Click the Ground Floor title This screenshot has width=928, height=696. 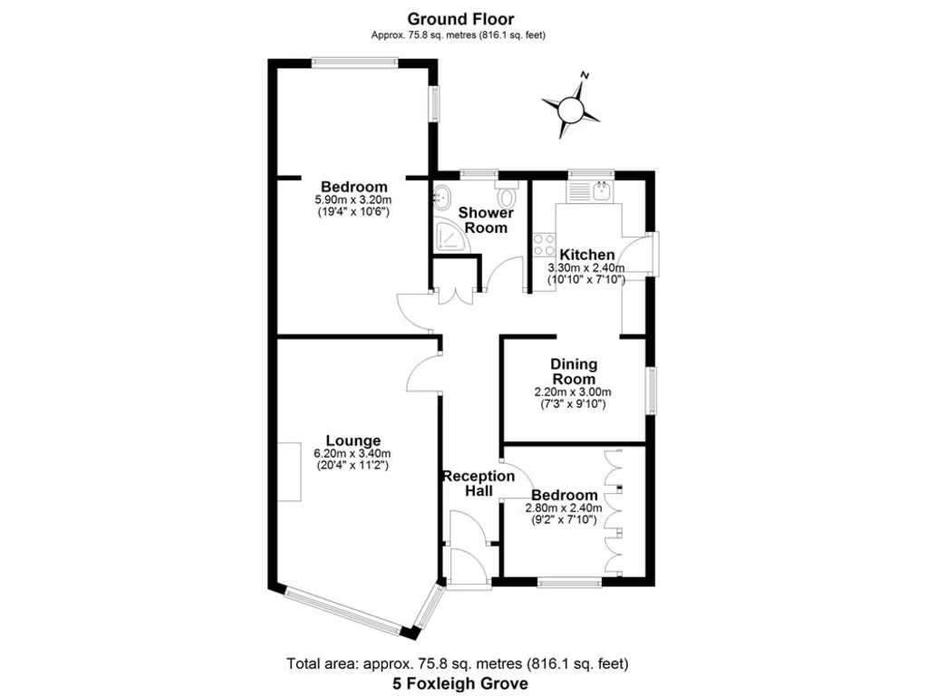(x=459, y=18)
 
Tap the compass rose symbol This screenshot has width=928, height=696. (x=571, y=109)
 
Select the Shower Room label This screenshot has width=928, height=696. (x=486, y=220)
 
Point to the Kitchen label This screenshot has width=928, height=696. (x=586, y=255)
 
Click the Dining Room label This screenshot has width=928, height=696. (x=573, y=372)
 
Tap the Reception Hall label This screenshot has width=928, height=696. (x=478, y=483)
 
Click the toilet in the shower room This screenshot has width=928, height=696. (x=507, y=197)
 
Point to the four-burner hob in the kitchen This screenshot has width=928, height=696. (x=544, y=245)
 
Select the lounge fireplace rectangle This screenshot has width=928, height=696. (x=289, y=471)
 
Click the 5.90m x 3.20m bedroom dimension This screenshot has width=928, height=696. (x=352, y=200)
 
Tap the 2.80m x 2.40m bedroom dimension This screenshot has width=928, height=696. (x=563, y=508)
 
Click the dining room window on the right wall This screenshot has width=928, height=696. (x=650, y=391)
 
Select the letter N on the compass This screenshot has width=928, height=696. (x=585, y=76)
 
